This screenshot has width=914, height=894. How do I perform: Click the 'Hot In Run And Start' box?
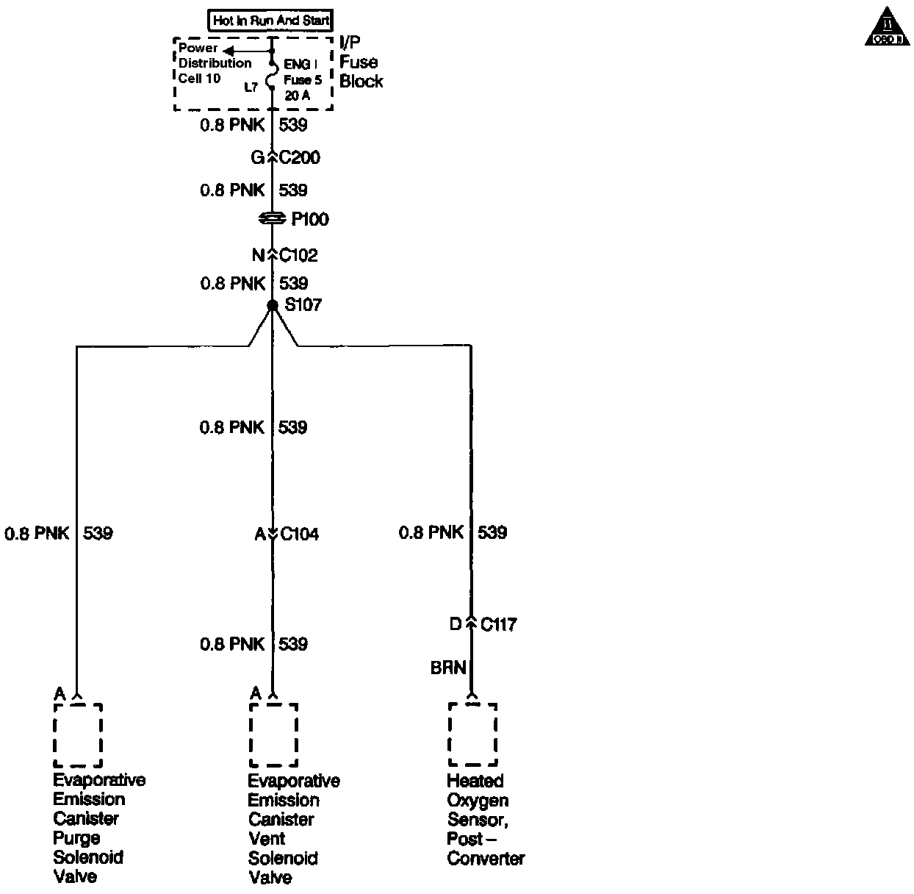tap(271, 21)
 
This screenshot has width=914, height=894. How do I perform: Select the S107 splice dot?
tap(273, 305)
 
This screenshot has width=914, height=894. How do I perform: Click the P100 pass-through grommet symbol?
tap(273, 219)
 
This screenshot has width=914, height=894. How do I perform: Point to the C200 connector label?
tap(300, 157)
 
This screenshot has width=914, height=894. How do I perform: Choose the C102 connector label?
tap(299, 255)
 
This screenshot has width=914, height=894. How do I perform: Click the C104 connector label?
tap(300, 534)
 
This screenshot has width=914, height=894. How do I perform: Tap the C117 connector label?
tap(499, 625)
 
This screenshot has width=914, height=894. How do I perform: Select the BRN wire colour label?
tap(448, 668)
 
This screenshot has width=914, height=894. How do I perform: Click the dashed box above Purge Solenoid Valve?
tap(78, 735)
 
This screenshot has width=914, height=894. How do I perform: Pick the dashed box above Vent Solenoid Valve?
tap(273, 735)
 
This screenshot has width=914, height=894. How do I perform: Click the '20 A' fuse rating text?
tap(298, 96)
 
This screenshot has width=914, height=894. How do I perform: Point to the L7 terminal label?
tap(251, 87)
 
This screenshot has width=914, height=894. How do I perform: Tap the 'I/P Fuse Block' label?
tap(361, 62)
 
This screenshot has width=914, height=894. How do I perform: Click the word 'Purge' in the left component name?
tap(76, 838)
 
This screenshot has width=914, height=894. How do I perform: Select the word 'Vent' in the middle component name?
tap(267, 839)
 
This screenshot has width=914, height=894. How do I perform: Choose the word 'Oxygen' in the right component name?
tap(478, 800)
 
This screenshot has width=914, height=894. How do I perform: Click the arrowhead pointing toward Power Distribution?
tap(228, 51)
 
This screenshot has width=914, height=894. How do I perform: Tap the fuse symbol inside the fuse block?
tap(271, 75)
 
